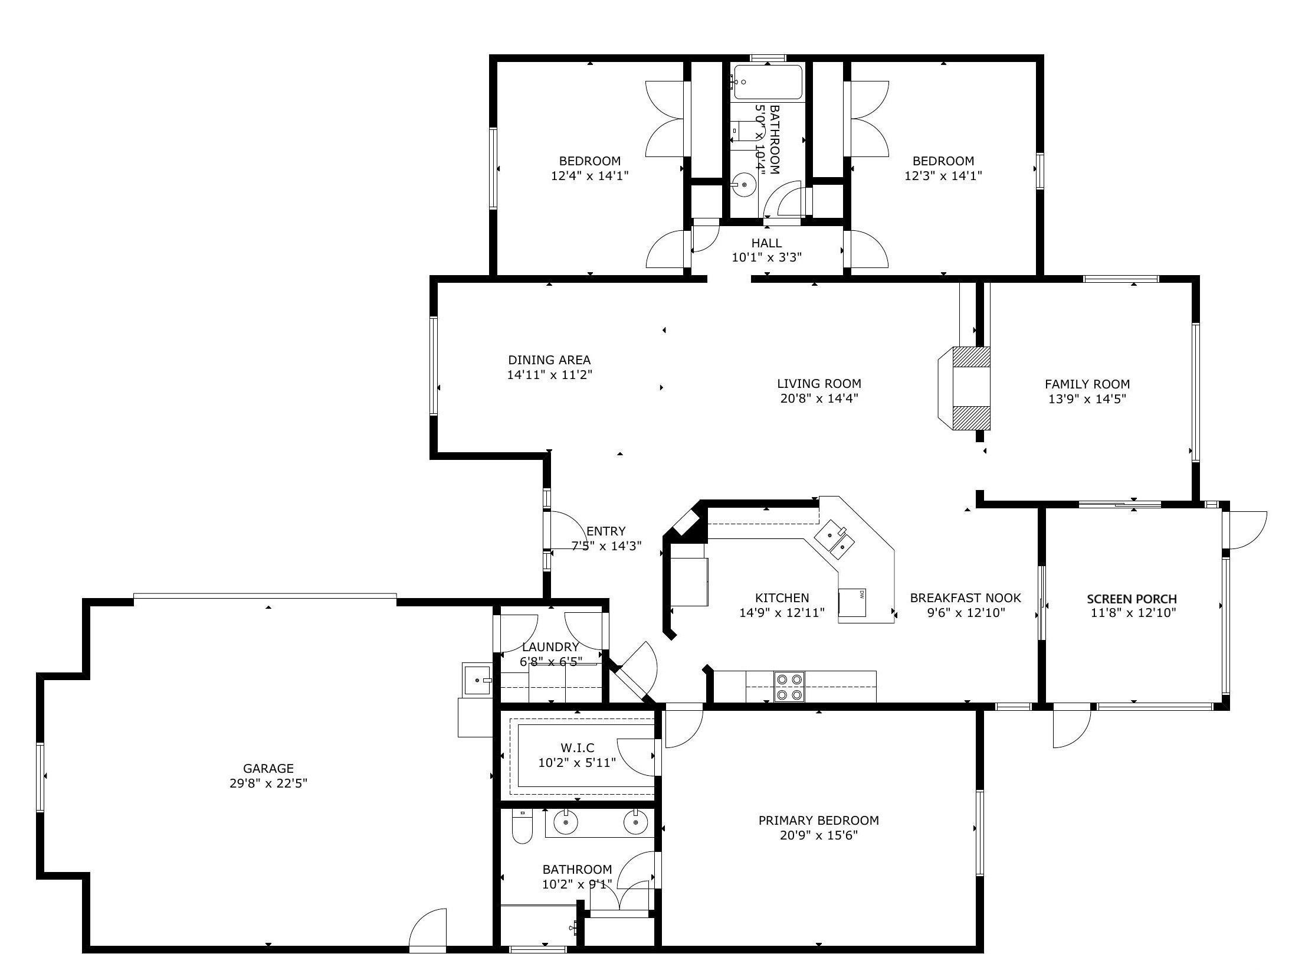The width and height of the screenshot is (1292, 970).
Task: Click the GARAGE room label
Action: pyautogui.click(x=268, y=768)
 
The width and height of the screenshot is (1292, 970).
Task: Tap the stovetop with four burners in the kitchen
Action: pyautogui.click(x=789, y=687)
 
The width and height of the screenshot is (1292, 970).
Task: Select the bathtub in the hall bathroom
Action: pyautogui.click(x=768, y=82)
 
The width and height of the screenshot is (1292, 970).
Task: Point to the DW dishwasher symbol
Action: pyautogui.click(x=852, y=602)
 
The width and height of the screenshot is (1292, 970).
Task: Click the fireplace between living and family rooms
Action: pyautogui.click(x=964, y=388)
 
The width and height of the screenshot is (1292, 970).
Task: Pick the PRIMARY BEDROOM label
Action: pyautogui.click(x=818, y=820)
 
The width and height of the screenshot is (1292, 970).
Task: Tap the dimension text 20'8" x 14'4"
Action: pyautogui.click(x=819, y=398)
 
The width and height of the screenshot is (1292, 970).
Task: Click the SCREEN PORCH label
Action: pyautogui.click(x=1132, y=599)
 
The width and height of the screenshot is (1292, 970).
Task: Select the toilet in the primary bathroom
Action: pyautogui.click(x=522, y=826)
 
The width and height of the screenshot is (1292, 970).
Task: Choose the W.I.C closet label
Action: pyautogui.click(x=577, y=748)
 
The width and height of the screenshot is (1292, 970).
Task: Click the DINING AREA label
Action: pyautogui.click(x=549, y=360)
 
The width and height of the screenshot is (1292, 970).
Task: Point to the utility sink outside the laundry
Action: pyautogui.click(x=477, y=680)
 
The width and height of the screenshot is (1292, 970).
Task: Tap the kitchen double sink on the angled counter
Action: pyautogui.click(x=835, y=539)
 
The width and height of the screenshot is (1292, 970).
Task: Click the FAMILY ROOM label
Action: pyautogui.click(x=1087, y=384)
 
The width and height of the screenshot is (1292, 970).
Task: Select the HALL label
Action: pyautogui.click(x=766, y=243)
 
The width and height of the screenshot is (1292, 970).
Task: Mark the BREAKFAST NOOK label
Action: pyautogui.click(x=965, y=597)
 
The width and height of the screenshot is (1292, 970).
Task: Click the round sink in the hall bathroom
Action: pyautogui.click(x=743, y=185)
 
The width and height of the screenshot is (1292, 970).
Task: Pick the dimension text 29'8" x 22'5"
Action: pyautogui.click(x=268, y=783)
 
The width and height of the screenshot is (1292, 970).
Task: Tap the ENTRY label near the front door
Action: pyautogui.click(x=606, y=531)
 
